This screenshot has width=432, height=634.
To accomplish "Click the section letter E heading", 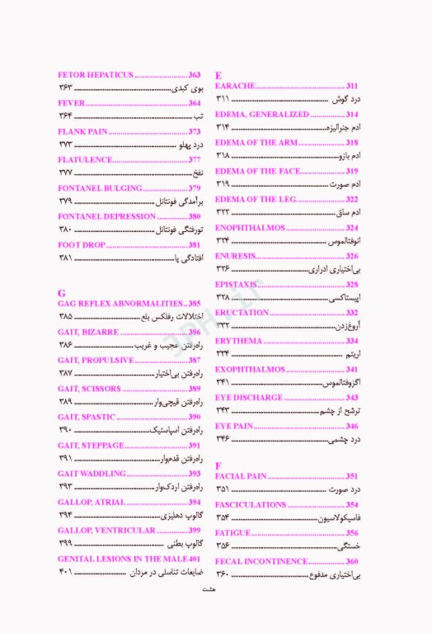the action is click(x=218, y=74).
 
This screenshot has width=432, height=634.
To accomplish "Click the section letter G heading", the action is click(x=62, y=292).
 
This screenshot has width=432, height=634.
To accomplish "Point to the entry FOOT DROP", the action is click(x=80, y=245).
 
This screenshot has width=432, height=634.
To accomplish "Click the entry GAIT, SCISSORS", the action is click(x=89, y=388).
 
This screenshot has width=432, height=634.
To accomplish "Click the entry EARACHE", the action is click(x=234, y=86).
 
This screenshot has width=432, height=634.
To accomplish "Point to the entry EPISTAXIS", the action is click(x=237, y=284).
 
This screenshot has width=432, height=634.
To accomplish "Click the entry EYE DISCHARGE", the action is click(x=248, y=397).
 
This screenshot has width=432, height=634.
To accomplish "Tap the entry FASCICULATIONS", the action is click(x=251, y=504).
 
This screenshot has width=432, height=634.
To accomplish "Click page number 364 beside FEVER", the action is click(x=195, y=103).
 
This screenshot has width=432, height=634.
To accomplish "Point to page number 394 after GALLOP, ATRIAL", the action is click(x=195, y=501).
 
